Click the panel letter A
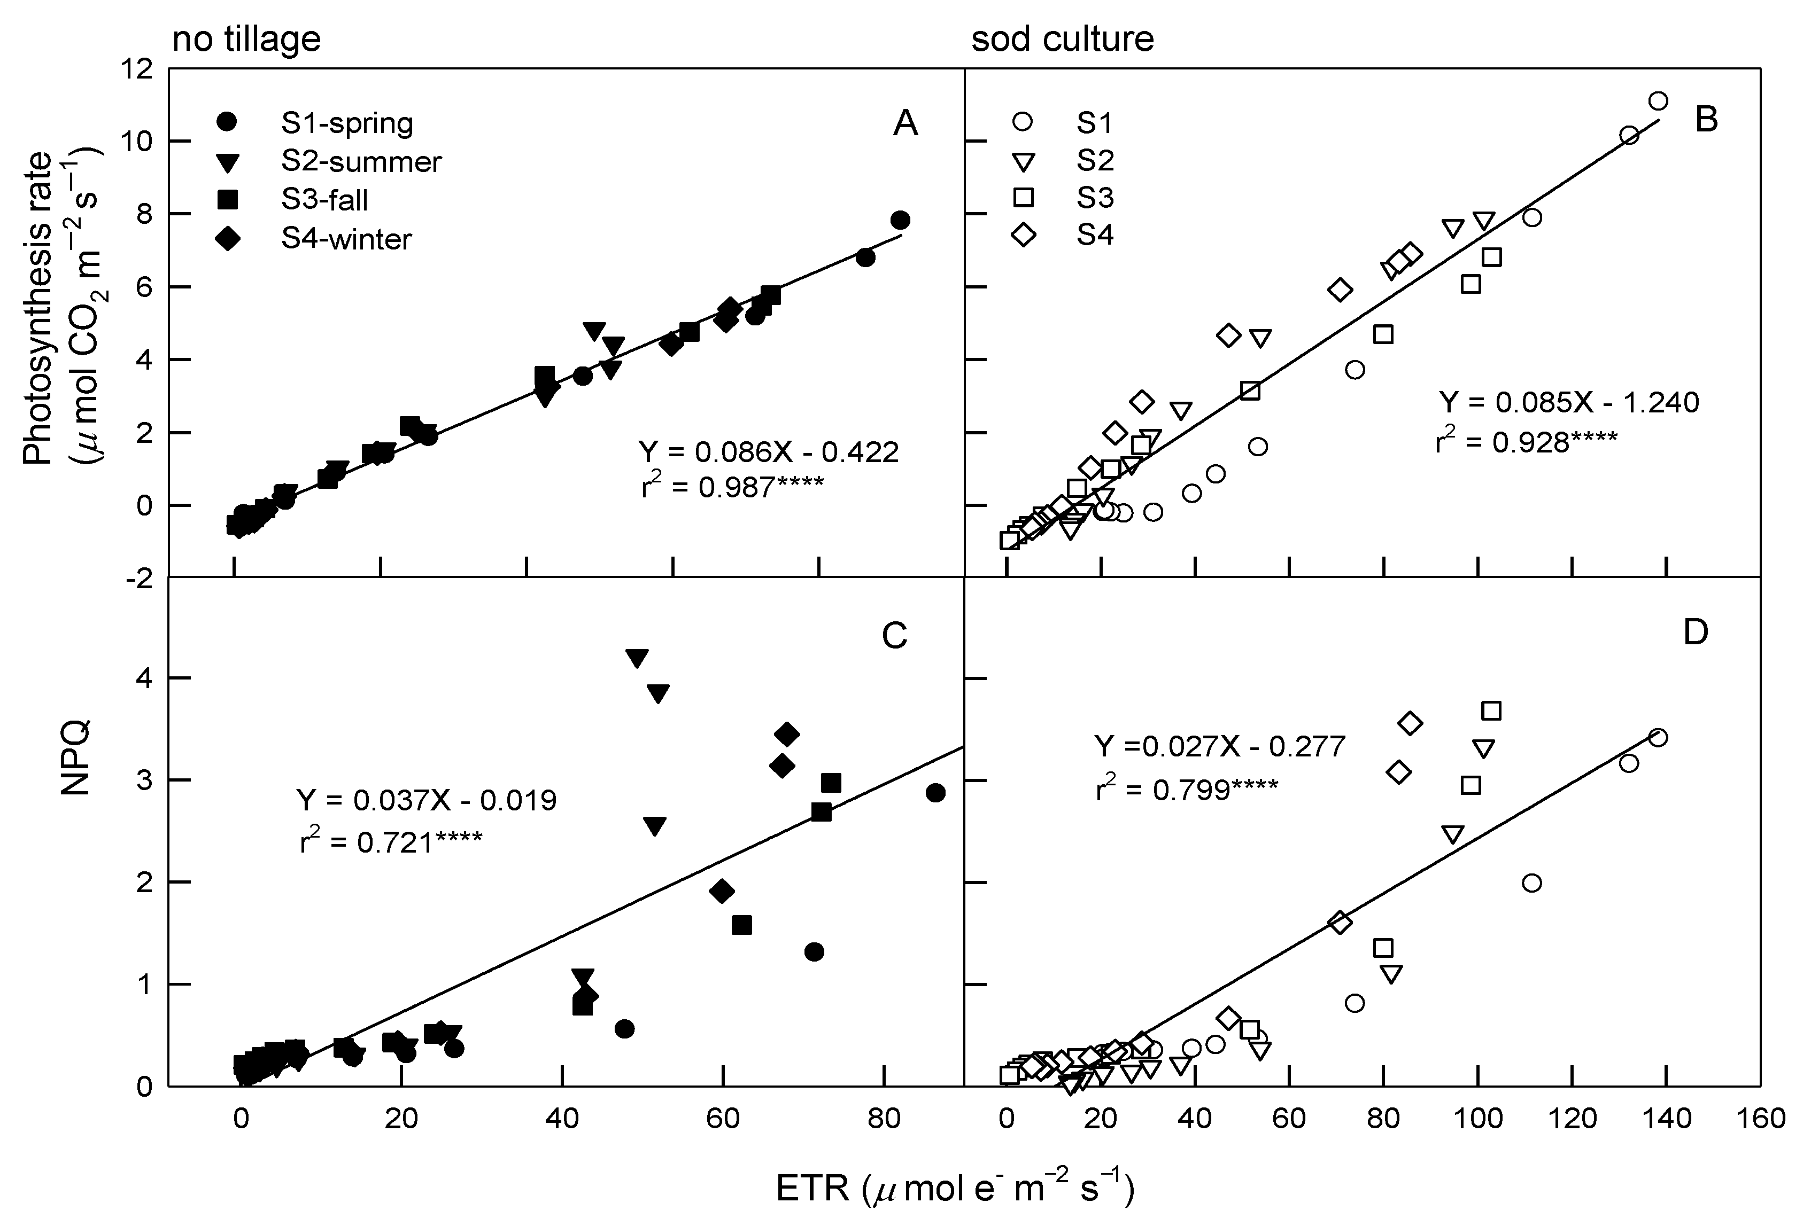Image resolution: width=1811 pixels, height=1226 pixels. (905, 123)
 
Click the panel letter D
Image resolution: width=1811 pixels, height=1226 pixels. (1696, 632)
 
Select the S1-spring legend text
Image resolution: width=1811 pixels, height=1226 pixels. (347, 123)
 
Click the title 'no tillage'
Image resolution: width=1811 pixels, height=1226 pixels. (246, 39)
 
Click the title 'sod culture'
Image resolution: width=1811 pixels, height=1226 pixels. (1062, 39)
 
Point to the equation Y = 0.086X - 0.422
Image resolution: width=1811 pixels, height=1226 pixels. (768, 452)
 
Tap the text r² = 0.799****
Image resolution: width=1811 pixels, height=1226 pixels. (1186, 789)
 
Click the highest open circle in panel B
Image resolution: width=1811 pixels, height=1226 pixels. (1658, 100)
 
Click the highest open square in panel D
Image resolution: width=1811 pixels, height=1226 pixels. (1491, 710)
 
